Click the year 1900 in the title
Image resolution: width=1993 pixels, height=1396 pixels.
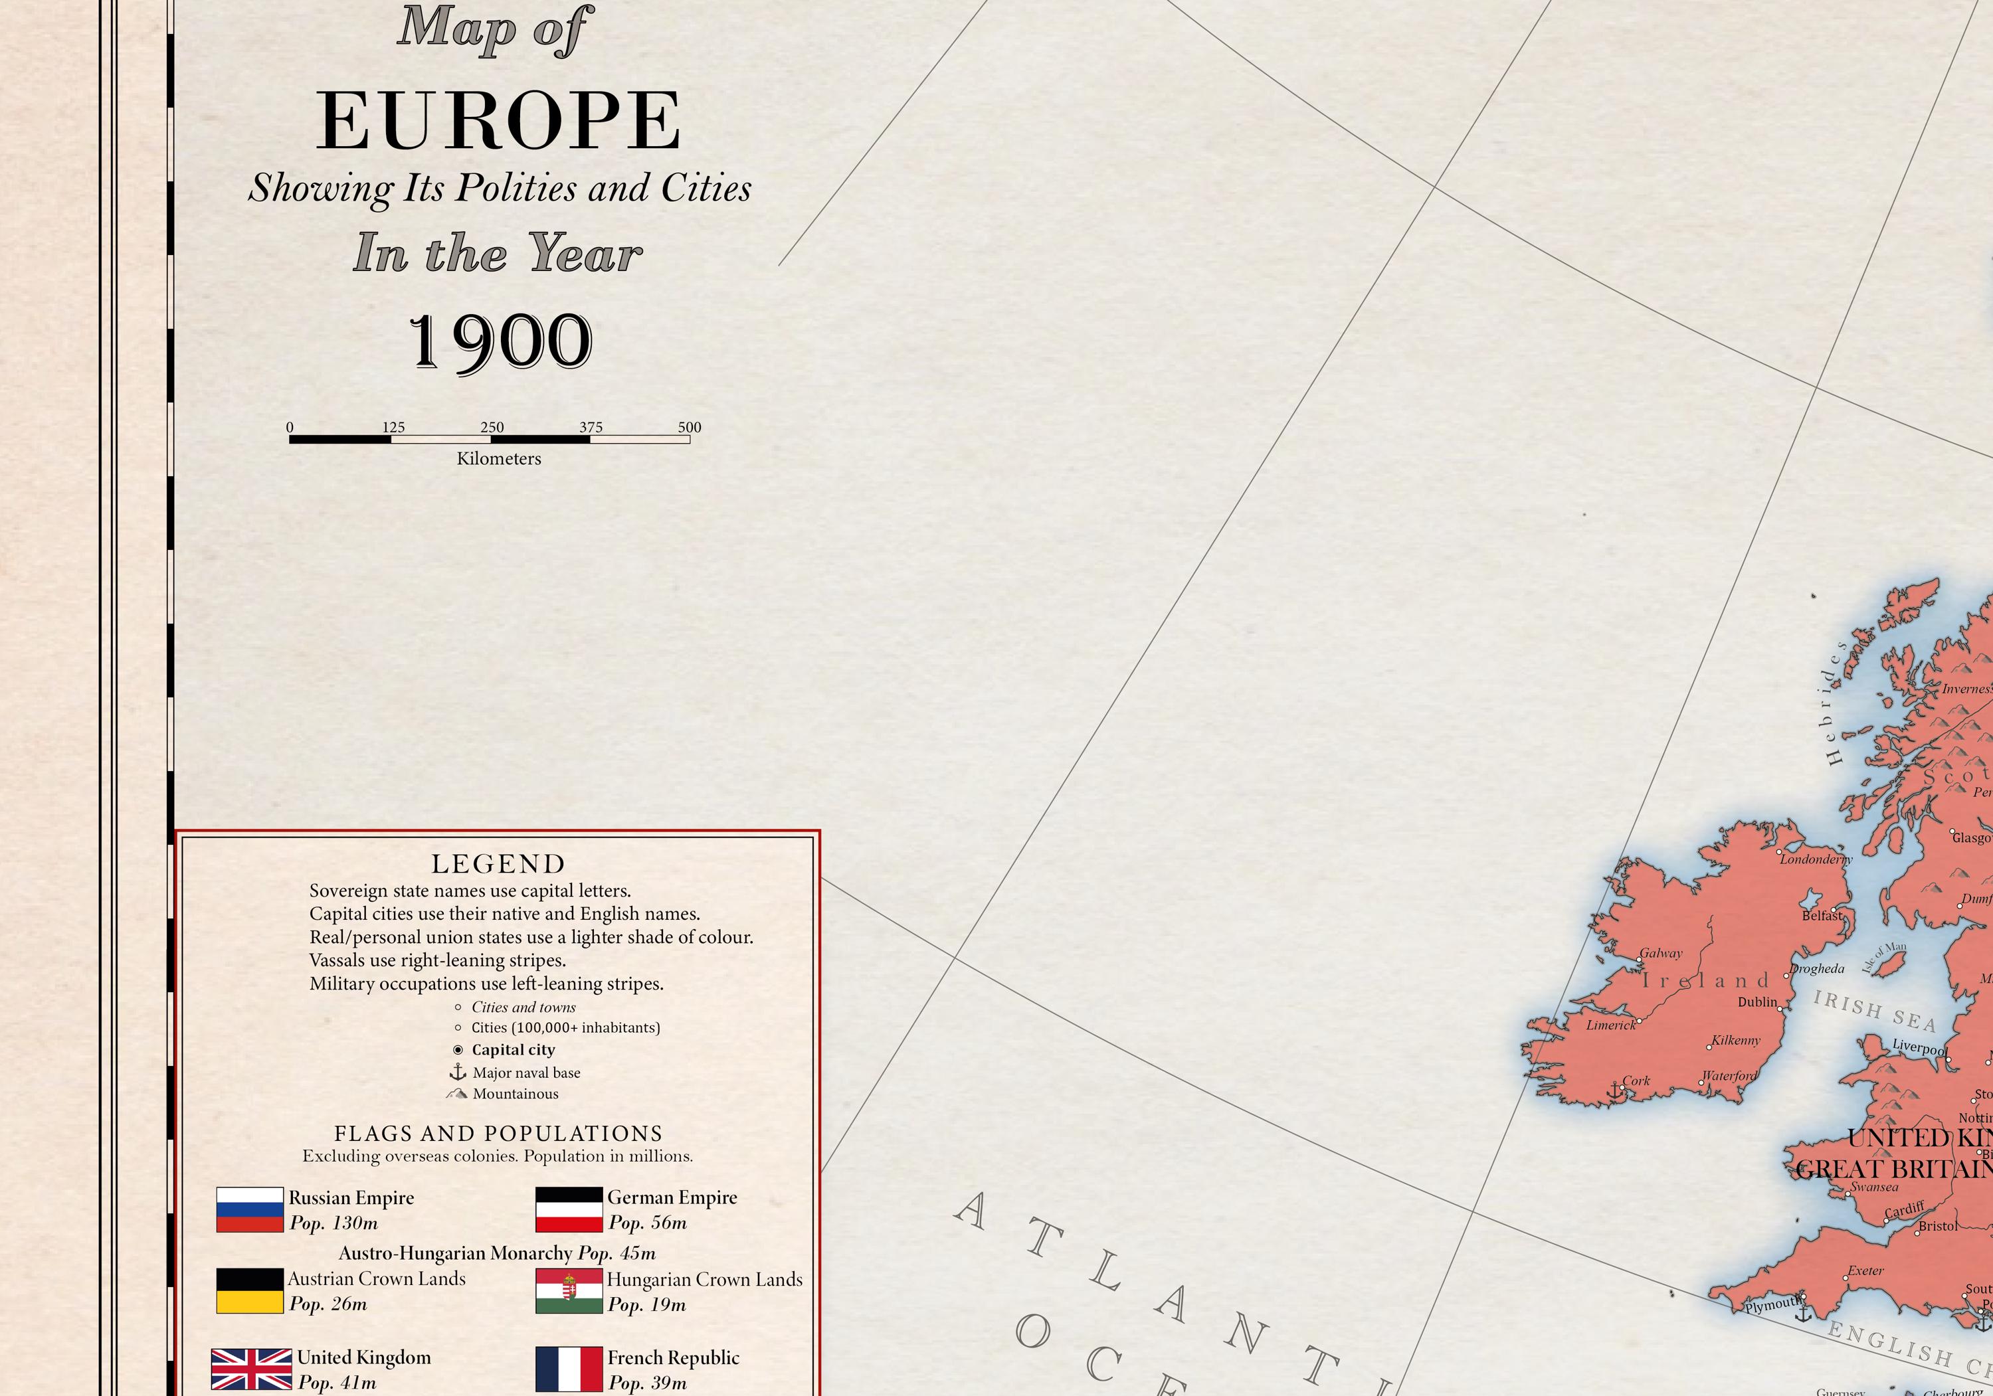[500, 342]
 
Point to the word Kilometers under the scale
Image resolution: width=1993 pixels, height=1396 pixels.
[498, 459]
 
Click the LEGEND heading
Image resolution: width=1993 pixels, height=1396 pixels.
[498, 863]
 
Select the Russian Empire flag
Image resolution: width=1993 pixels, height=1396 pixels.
[249, 1209]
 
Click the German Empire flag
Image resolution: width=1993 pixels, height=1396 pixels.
[569, 1209]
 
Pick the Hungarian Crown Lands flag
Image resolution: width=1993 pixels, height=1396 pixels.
[569, 1291]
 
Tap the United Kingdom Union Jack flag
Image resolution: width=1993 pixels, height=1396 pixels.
[251, 1369]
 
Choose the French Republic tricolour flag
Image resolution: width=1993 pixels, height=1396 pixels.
[569, 1369]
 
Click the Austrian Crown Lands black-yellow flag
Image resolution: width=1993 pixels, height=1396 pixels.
[249, 1291]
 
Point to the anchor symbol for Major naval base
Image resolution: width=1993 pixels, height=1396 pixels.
[458, 1073]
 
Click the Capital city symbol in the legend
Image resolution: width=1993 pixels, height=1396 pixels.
[458, 1050]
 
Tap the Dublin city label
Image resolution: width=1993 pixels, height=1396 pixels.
[1757, 1002]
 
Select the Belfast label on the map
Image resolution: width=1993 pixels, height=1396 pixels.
[1821, 915]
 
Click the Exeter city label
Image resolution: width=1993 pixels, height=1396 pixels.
[1865, 1271]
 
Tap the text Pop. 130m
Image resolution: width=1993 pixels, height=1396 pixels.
[334, 1223]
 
